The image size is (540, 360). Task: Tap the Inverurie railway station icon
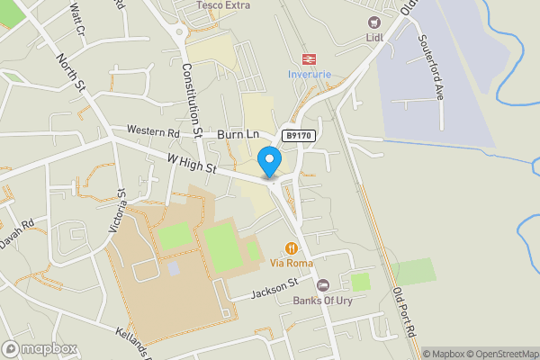click(x=309, y=58)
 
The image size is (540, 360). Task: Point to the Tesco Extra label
click(x=223, y=5)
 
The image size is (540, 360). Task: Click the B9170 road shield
click(x=300, y=135)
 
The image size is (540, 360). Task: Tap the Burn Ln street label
click(x=238, y=134)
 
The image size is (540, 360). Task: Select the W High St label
click(x=192, y=163)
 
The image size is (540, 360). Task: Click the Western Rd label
click(x=153, y=131)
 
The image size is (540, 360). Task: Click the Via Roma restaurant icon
click(x=291, y=247)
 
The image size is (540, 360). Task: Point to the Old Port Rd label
click(x=406, y=314)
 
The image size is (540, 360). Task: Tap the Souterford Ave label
click(x=431, y=68)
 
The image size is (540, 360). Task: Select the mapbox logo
click(x=40, y=348)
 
